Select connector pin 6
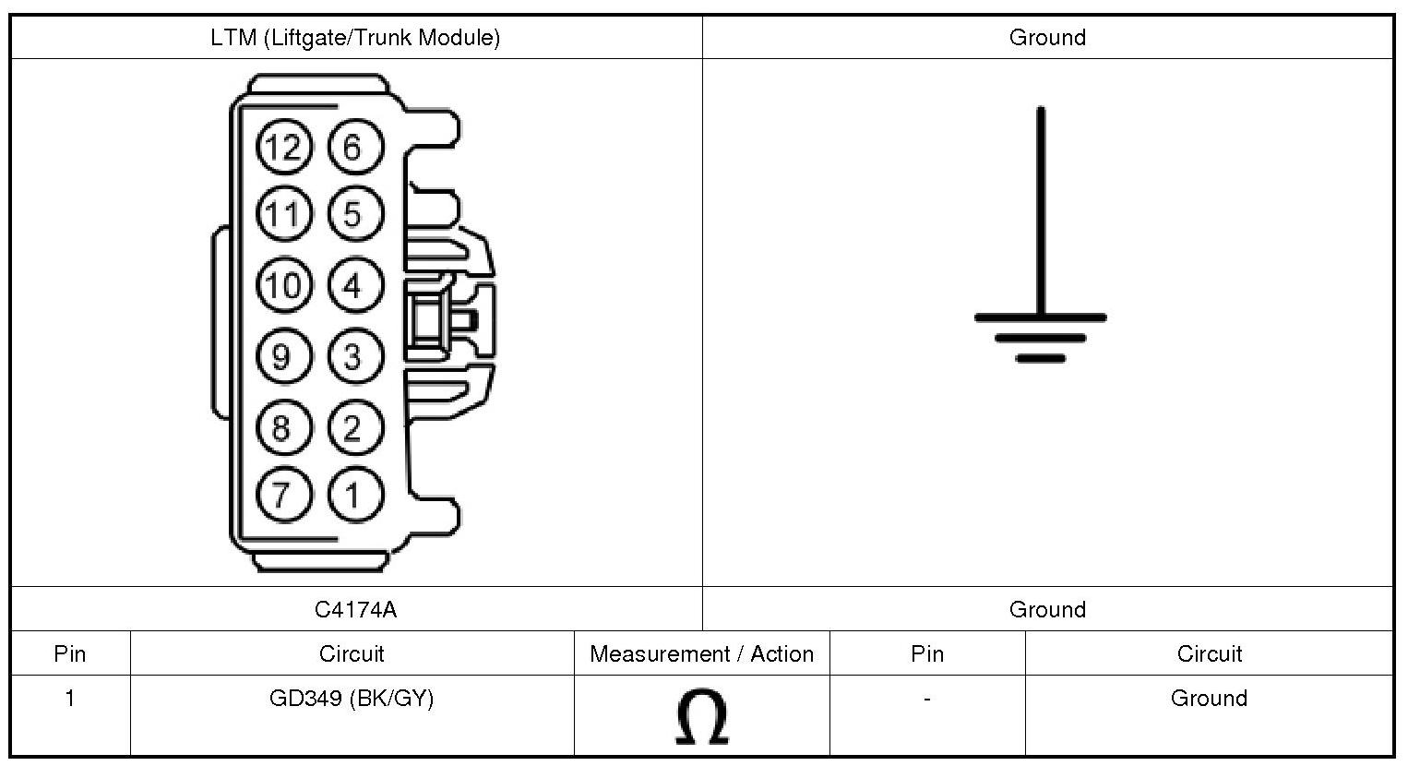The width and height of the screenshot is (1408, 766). click(353, 147)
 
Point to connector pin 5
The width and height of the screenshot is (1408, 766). click(353, 215)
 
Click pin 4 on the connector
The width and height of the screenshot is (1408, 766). click(353, 285)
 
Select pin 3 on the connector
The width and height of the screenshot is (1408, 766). click(353, 356)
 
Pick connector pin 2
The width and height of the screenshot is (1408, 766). click(353, 427)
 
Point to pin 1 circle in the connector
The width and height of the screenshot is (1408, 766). click(353, 495)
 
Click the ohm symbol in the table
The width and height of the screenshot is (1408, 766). click(701, 717)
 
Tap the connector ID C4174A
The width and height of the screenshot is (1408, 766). click(355, 609)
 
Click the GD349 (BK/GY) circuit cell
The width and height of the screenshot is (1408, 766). click(352, 699)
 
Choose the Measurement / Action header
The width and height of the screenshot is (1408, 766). click(701, 654)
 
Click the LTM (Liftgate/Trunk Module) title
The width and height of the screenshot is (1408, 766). click(355, 38)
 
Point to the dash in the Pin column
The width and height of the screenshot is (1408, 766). click(926, 700)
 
